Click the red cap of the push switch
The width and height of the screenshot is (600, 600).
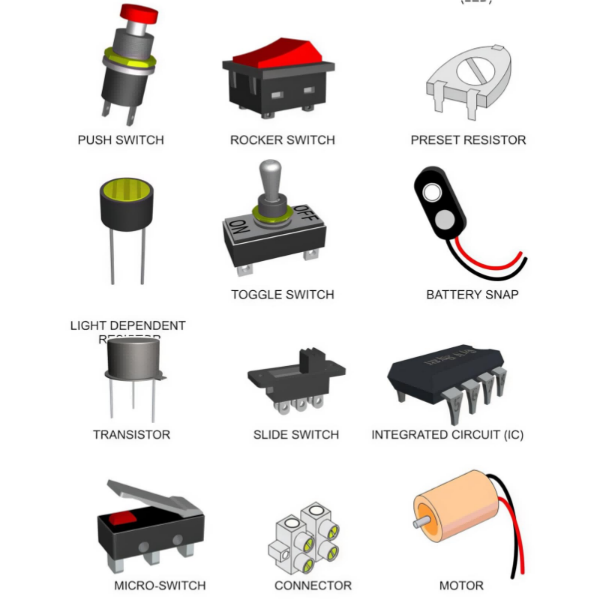[x=139, y=13]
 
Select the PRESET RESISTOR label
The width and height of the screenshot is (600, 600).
[x=468, y=140]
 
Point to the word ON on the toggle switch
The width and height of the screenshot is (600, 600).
[x=239, y=228]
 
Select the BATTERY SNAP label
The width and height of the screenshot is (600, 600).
[x=472, y=295]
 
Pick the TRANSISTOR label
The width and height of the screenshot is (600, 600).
[x=131, y=435]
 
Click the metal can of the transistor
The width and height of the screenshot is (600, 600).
[x=133, y=358]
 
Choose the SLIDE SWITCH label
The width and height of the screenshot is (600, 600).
[x=295, y=435]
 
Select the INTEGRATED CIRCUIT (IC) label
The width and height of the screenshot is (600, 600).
[x=447, y=435]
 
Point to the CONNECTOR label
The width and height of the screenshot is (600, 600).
[x=313, y=586]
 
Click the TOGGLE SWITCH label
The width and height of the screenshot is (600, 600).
[x=282, y=295]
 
